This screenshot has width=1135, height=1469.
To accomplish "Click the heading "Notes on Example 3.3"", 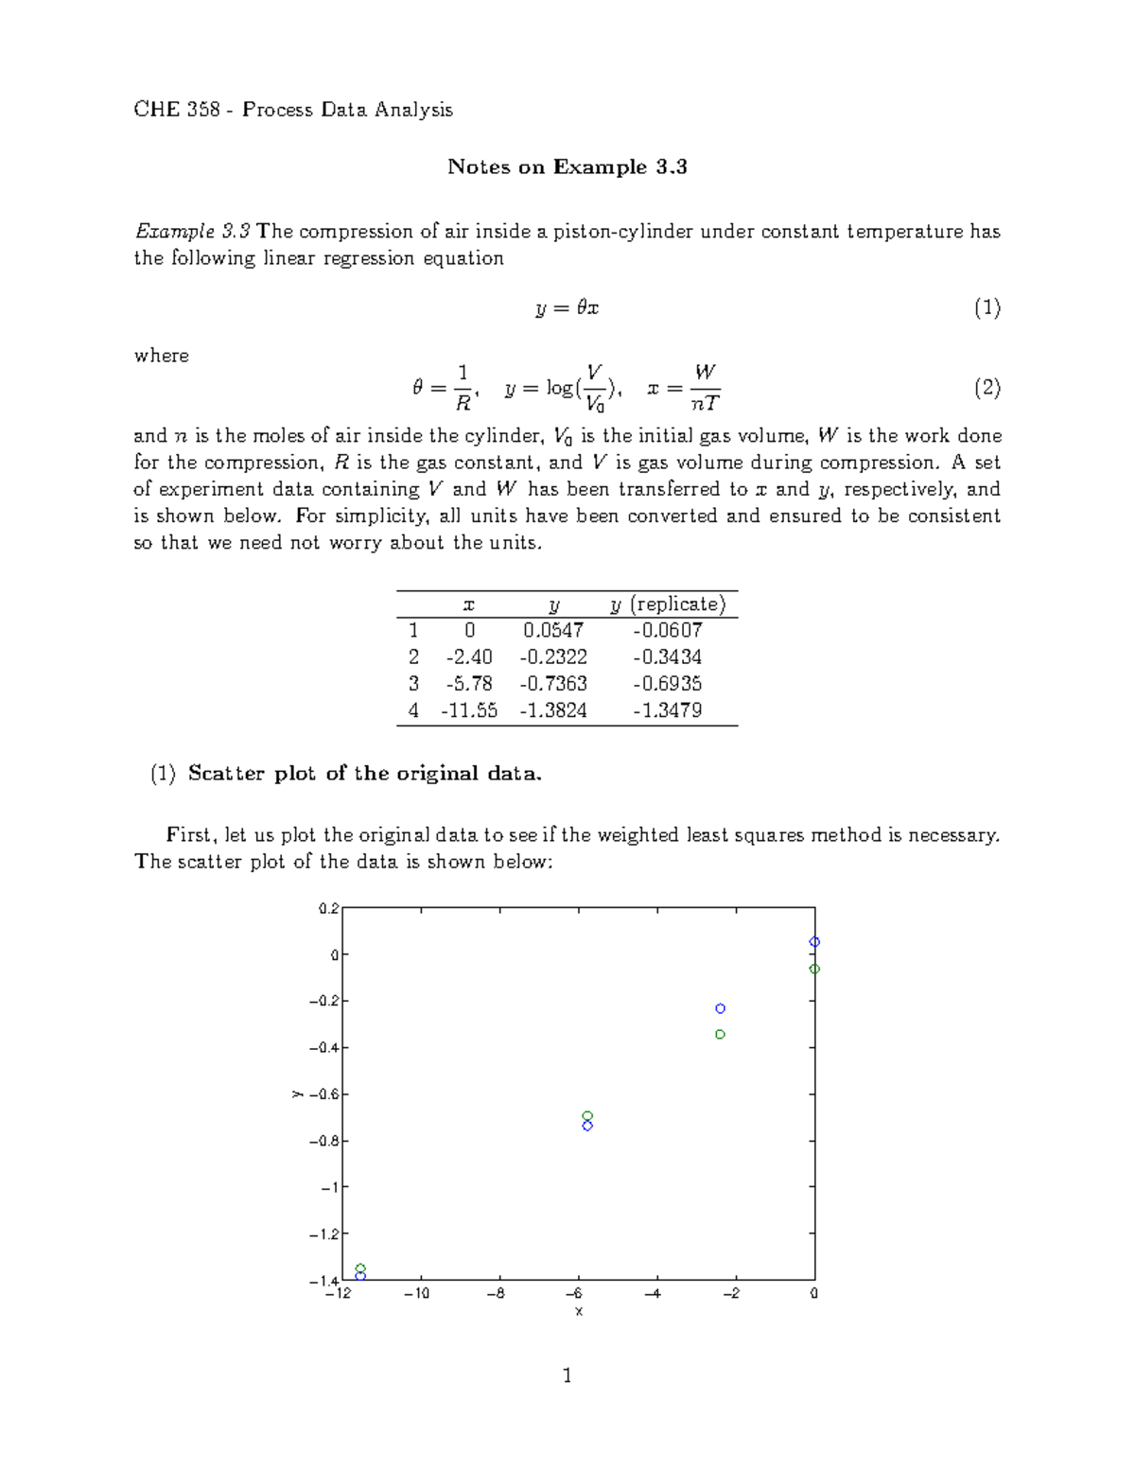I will pyautogui.click(x=567, y=167).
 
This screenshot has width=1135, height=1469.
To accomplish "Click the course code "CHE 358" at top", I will pyautogui.click(x=177, y=110).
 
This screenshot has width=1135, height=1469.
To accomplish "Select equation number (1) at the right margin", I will pyautogui.click(x=987, y=307).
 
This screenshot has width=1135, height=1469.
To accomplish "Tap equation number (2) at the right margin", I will pyautogui.click(x=987, y=388).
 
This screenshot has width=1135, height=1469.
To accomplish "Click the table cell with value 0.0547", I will pyautogui.click(x=553, y=630).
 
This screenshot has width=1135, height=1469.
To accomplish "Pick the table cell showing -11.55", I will pyautogui.click(x=468, y=710).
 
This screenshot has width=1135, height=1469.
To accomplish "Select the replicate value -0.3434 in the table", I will pyautogui.click(x=667, y=656).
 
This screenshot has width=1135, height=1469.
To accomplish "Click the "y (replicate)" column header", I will pyautogui.click(x=668, y=604).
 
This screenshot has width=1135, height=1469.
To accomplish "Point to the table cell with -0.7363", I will pyautogui.click(x=553, y=684).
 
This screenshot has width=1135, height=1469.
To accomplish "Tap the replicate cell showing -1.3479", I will pyautogui.click(x=667, y=710).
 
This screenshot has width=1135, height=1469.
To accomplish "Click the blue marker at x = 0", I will pyautogui.click(x=814, y=942).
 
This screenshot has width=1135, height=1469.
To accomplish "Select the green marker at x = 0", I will pyautogui.click(x=814, y=969).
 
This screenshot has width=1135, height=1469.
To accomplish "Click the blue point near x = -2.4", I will pyautogui.click(x=720, y=1008).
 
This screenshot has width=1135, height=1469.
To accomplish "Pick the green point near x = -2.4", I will pyautogui.click(x=720, y=1034).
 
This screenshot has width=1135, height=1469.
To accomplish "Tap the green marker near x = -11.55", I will pyautogui.click(x=360, y=1268).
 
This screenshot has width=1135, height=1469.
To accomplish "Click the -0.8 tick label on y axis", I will pyautogui.click(x=323, y=1141).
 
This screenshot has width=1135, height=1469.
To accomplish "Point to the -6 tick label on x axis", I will pyautogui.click(x=573, y=1293).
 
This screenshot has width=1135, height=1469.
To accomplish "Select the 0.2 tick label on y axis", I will pyautogui.click(x=328, y=908).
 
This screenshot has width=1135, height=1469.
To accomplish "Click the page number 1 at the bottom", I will pyautogui.click(x=567, y=1375).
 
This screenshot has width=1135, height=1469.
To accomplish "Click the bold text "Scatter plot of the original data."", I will pyautogui.click(x=365, y=774).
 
